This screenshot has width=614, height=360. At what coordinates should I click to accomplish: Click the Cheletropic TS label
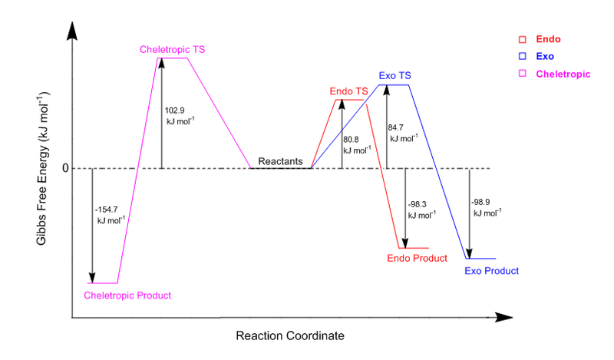(x=173, y=50)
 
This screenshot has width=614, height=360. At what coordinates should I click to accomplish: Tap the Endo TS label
(x=348, y=91)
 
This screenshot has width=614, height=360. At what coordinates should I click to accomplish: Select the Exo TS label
(x=395, y=76)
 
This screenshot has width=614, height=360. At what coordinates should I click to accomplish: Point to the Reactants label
(x=280, y=161)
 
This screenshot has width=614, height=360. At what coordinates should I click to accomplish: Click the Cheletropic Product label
(x=127, y=296)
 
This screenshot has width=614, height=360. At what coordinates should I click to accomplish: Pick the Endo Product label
(x=417, y=259)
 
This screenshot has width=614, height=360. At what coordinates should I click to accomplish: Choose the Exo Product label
(x=492, y=271)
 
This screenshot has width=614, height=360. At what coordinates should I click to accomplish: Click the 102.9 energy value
(x=175, y=110)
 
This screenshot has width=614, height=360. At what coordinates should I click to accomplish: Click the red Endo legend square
(x=522, y=38)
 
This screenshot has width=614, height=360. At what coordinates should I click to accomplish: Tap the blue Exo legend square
(x=522, y=56)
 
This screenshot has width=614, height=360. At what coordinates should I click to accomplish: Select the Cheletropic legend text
(x=563, y=74)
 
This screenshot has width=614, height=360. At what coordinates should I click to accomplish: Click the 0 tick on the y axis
(x=65, y=168)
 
